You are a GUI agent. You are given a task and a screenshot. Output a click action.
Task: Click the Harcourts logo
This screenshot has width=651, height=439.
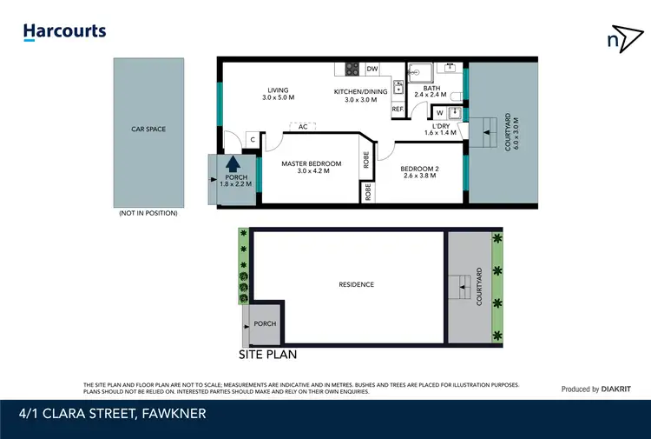click(64, 32)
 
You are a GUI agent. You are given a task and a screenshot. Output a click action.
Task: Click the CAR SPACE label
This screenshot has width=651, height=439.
click(148, 130)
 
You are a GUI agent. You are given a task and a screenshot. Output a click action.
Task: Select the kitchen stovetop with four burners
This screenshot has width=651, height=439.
click(353, 70)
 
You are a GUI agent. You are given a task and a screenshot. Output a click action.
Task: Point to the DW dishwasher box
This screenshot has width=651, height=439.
click(372, 69)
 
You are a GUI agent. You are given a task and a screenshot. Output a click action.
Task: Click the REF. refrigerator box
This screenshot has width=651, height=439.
click(398, 110)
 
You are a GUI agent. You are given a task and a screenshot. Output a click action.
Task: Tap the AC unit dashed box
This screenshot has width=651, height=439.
click(303, 127)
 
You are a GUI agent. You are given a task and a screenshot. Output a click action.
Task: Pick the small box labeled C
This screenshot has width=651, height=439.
click(252, 139)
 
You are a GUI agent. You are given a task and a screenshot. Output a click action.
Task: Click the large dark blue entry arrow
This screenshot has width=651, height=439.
click(233, 163)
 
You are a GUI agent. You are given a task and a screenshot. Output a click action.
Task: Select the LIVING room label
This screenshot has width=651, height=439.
click(278, 95)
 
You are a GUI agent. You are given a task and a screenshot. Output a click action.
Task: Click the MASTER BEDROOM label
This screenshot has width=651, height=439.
click(309, 167)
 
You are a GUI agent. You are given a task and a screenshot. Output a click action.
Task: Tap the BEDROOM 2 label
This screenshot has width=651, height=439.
click(420, 170)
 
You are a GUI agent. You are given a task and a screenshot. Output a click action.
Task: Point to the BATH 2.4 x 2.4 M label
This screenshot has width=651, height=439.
click(431, 93)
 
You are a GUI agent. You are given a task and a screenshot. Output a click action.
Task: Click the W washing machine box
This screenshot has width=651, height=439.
click(440, 112)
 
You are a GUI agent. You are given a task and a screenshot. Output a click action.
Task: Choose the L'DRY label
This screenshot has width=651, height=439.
click(440, 128)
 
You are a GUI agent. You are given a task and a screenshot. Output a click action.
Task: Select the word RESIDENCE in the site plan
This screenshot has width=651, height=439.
click(356, 284)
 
